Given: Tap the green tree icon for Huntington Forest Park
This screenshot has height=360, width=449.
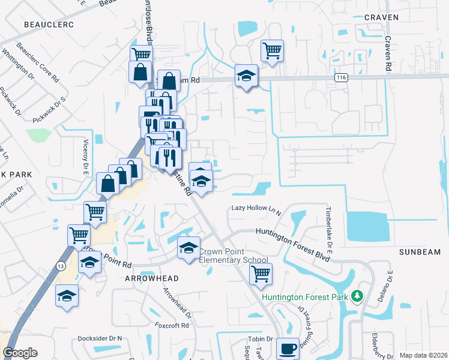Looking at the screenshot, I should pos(358,296).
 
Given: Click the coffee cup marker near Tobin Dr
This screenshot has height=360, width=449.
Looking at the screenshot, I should pos(288,347).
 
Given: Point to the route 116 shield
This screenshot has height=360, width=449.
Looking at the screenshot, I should pos(342,77).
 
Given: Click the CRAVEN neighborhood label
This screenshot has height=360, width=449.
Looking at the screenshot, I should pos(381,17).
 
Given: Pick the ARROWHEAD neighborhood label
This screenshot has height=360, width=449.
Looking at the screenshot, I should pos(152,280).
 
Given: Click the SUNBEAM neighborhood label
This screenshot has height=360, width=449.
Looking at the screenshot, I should pos(420,252).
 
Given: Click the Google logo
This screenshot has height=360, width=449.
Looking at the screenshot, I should pos(20,352).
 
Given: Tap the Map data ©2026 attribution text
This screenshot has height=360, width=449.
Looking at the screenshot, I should pos(423,355).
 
